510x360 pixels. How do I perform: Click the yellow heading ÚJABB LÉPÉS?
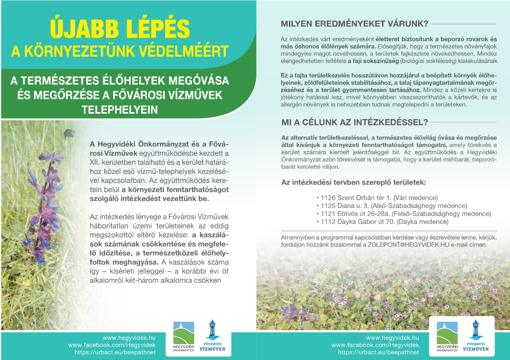[x=120, y=28]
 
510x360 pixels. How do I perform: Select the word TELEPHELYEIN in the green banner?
[x=120, y=110]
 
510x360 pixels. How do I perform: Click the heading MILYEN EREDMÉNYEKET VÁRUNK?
[x=354, y=24]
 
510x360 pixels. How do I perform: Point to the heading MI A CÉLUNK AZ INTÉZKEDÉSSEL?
[x=354, y=123]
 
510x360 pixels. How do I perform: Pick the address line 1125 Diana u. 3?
[x=345, y=206]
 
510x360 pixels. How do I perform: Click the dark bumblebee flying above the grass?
[x=69, y=134]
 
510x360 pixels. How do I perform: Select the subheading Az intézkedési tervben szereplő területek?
[x=353, y=182]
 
